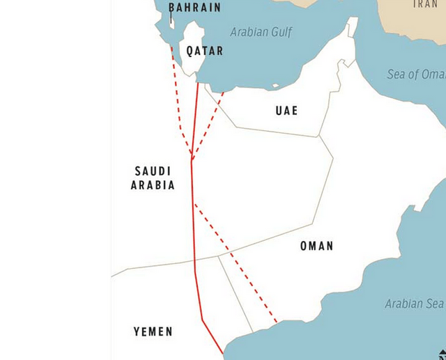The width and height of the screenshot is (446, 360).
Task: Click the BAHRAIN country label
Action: pos(194,8)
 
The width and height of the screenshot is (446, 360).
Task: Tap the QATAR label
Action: pos(205,51)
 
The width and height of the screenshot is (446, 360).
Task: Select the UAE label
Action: pos(286,111)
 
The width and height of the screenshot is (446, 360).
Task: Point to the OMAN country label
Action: pos(316,246)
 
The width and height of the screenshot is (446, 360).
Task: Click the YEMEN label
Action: pos(153,331)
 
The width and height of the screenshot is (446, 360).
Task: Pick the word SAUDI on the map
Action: pos(153,171)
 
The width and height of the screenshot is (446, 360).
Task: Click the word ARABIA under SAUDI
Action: pos(153,185)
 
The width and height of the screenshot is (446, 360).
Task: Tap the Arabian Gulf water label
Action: pos(261,32)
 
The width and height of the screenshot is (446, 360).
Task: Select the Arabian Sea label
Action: pos(414,304)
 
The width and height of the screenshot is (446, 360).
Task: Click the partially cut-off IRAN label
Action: pos(425,4)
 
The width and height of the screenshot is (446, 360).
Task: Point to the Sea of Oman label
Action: pos(416,75)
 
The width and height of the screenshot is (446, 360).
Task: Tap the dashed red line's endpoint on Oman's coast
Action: pos(277,323)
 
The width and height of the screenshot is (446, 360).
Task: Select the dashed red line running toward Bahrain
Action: pos(178,97)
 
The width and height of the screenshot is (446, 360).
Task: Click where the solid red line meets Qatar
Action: pos(198,84)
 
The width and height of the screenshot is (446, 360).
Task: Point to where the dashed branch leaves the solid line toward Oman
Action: pos(194,203)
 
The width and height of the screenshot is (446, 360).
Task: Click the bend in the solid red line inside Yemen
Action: pos(202,320)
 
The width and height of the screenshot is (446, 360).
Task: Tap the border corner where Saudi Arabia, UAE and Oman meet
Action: pos(319,136)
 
